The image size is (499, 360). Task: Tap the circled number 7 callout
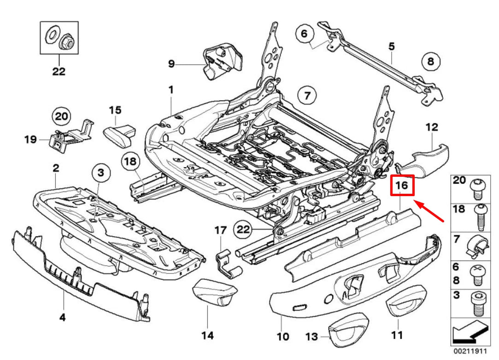pyautogui.click(x=307, y=96)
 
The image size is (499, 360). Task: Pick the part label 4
pyautogui.click(x=63, y=317)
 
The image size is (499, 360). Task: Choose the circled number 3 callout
pyautogui.click(x=101, y=174)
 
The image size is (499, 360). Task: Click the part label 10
pyautogui.click(x=282, y=337)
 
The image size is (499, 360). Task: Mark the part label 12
pyautogui.click(x=432, y=127)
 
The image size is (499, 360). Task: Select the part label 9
pyautogui.click(x=171, y=64)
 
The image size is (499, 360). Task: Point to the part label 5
pyautogui.click(x=392, y=46)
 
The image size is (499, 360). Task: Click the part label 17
pyautogui.click(x=221, y=229)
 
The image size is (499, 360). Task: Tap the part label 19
pyautogui.click(x=31, y=139)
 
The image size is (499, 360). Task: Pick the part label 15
pyautogui.click(x=115, y=110)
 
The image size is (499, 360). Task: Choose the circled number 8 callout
pyautogui.click(x=430, y=61)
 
